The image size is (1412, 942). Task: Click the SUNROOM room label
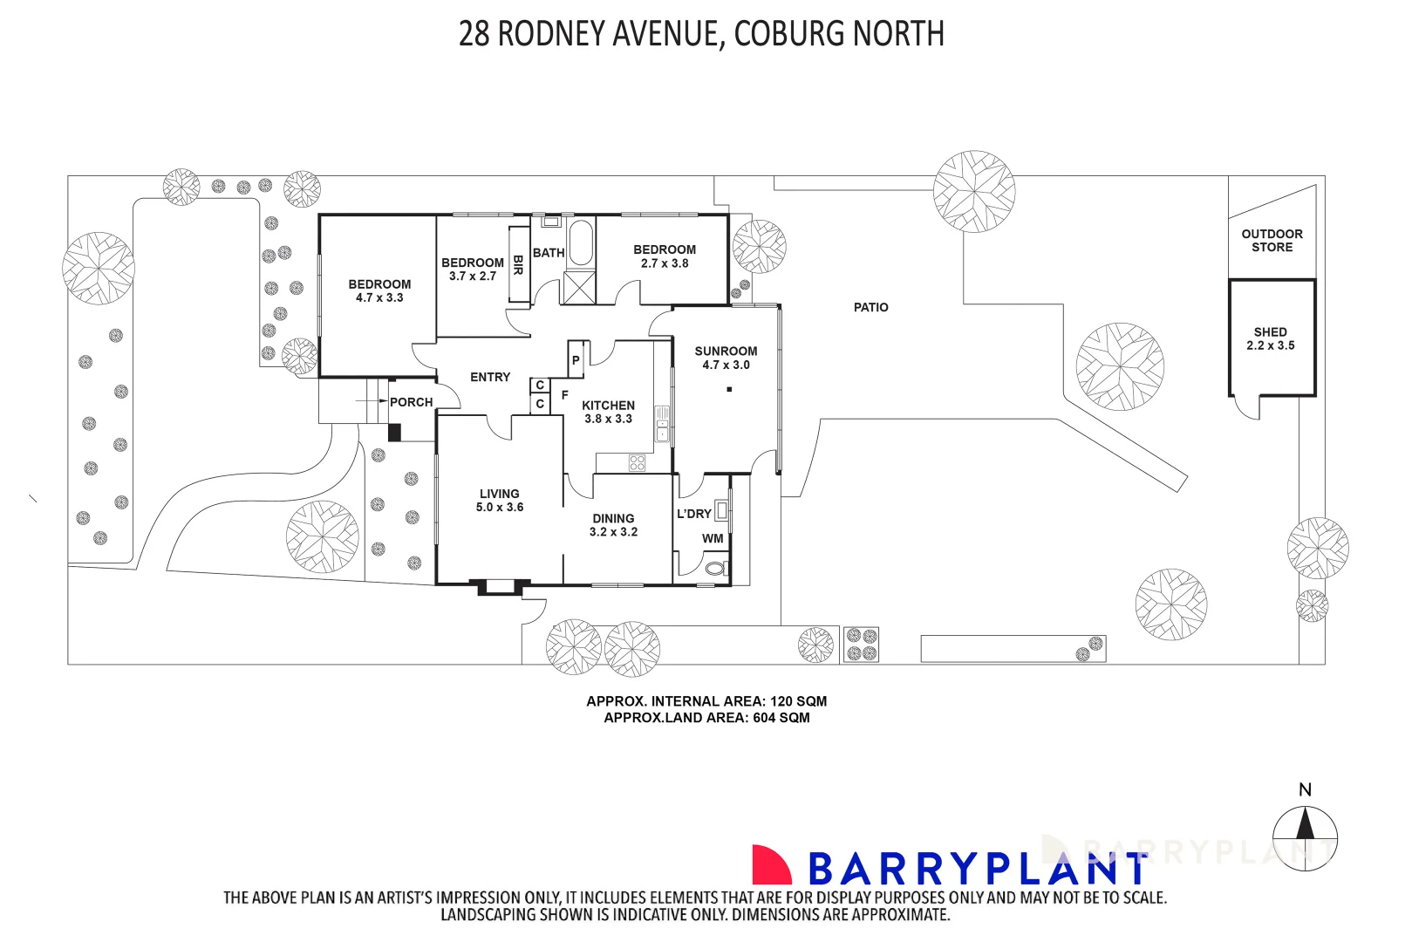pyautogui.click(x=726, y=358)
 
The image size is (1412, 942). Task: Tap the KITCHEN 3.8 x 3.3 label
pyautogui.click(x=608, y=412)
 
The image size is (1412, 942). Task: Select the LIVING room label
pyautogui.click(x=499, y=500)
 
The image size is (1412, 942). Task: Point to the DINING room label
pyautogui.click(x=613, y=524)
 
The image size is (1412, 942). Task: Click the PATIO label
pyautogui.click(x=870, y=307)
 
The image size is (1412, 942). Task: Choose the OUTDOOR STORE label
pyautogui.click(x=1272, y=241)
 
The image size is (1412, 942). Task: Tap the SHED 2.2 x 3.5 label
pyautogui.click(x=1270, y=338)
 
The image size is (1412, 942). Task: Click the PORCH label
pyautogui.click(x=411, y=402)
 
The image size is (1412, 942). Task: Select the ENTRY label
pyautogui.click(x=489, y=377)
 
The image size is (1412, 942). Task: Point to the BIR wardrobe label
pyautogui.click(x=518, y=265)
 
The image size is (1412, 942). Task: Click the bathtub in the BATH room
pyautogui.click(x=580, y=242)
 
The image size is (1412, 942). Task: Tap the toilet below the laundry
pyautogui.click(x=715, y=569)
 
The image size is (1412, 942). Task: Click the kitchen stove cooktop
pyautogui.click(x=637, y=462)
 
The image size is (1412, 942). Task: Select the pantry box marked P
pyautogui.click(x=576, y=359)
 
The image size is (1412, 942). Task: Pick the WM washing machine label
pyautogui.click(x=713, y=538)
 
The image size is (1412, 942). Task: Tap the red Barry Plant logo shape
pyautogui.click(x=770, y=865)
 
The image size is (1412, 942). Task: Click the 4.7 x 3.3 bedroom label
pyautogui.click(x=379, y=290)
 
